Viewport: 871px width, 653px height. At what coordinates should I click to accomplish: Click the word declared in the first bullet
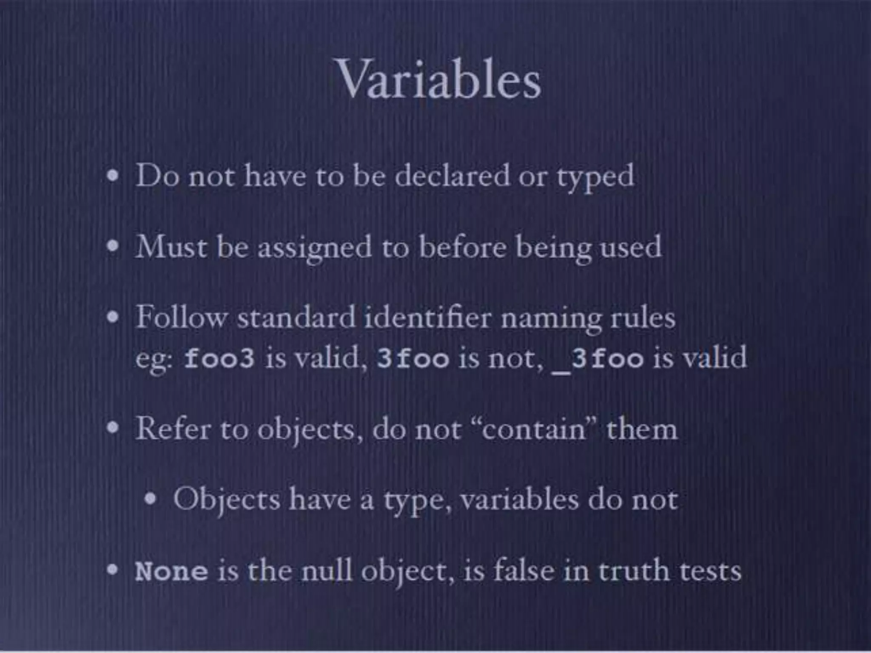pos(452,176)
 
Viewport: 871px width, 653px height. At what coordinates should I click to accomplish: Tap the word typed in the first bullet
pos(595,177)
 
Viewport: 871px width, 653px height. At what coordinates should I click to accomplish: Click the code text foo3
pos(219,358)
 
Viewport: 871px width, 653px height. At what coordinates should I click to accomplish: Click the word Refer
pos(173,429)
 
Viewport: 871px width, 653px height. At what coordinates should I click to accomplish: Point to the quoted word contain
pos(534,429)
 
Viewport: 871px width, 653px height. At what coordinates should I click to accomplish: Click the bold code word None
pos(171,571)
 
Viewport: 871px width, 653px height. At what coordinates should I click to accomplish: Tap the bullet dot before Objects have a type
pos(150,499)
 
